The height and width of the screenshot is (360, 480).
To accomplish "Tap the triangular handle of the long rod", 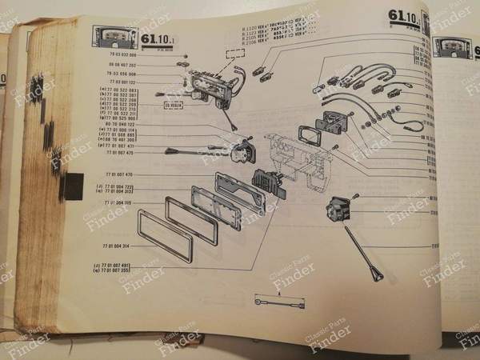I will (376, 275).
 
